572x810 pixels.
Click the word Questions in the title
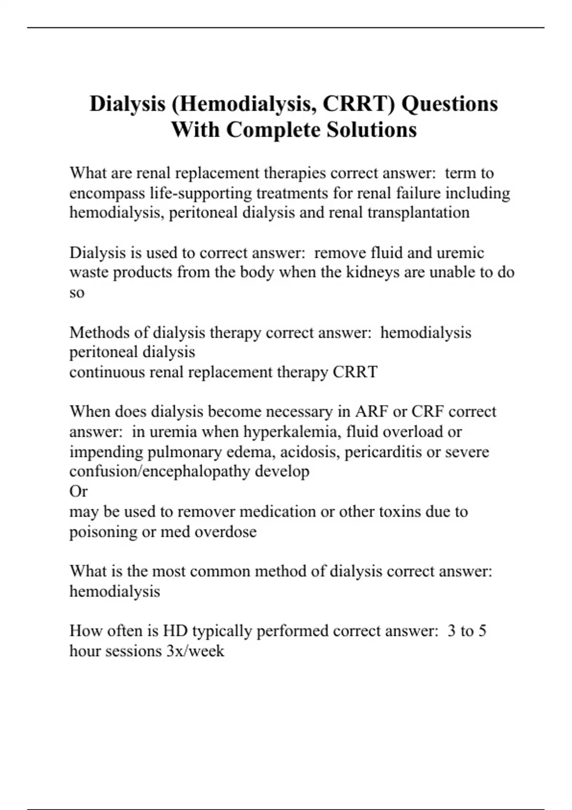pyautogui.click(x=449, y=104)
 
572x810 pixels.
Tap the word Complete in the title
pyautogui.click(x=273, y=130)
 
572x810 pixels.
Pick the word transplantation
pyautogui.click(x=418, y=213)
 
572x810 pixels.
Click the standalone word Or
pyautogui.click(x=79, y=491)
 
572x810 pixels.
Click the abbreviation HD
pyautogui.click(x=175, y=631)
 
